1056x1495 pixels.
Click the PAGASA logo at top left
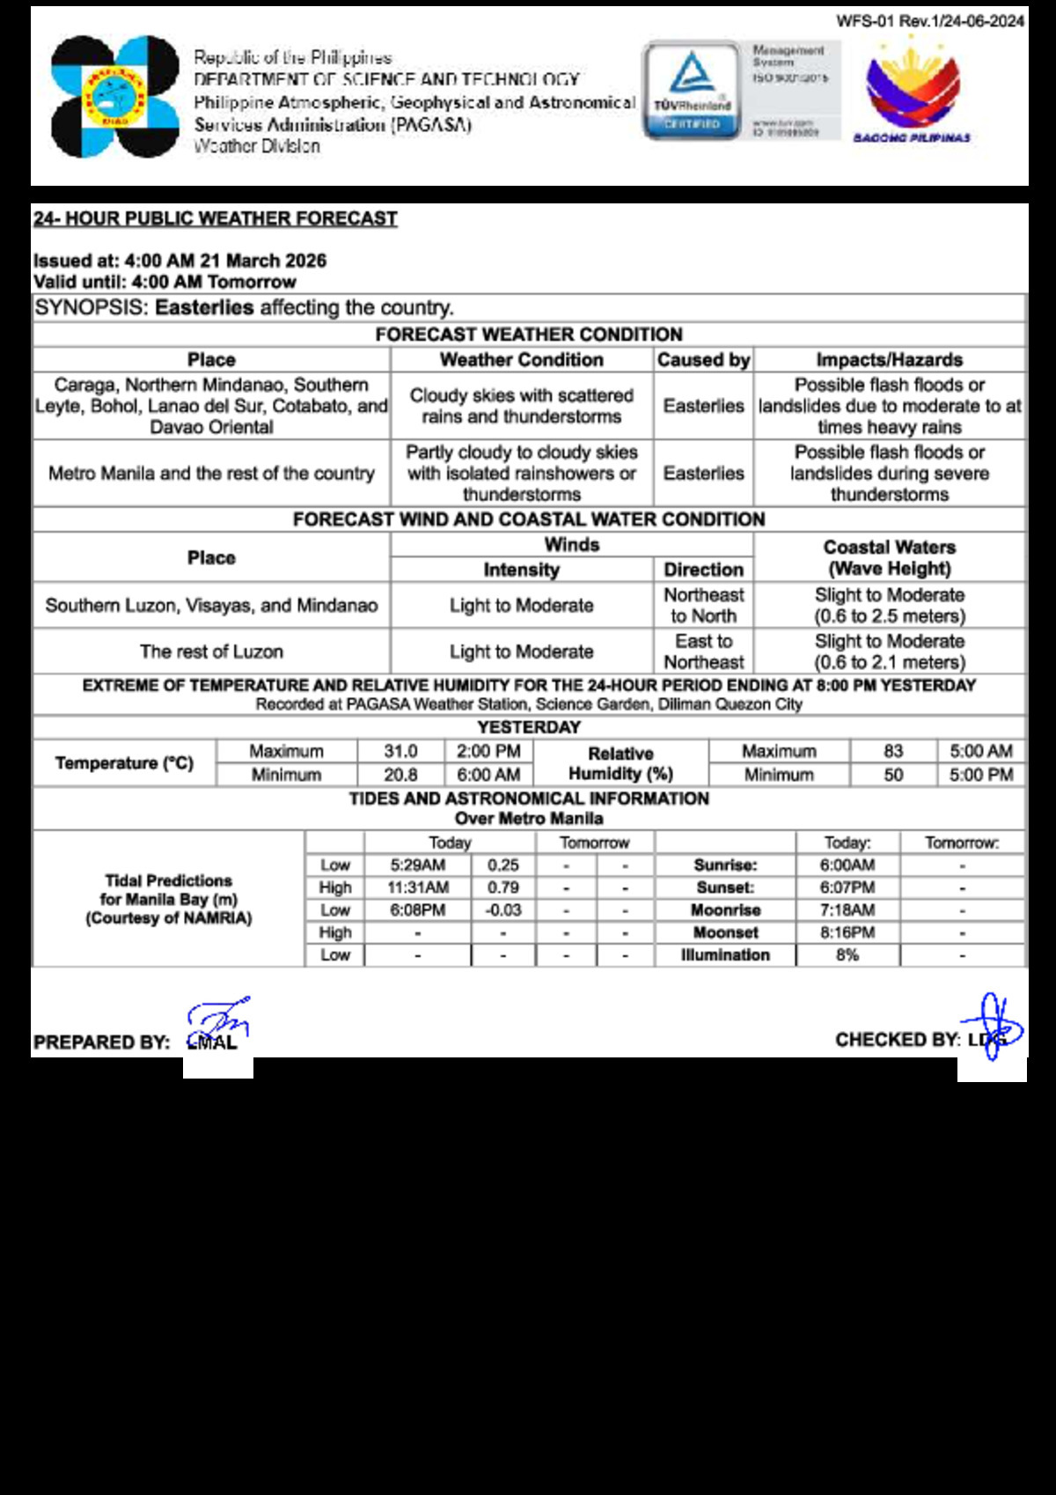114,97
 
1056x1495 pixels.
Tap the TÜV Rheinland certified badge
692,92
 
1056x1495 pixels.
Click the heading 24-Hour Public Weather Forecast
216,218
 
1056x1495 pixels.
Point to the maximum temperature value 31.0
400,751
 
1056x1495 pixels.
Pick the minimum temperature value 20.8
400,775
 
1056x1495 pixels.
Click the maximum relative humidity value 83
893,751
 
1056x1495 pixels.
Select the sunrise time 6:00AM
847,865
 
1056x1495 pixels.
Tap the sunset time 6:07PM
847,887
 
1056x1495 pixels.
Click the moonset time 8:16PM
847,932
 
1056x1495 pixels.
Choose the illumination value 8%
847,955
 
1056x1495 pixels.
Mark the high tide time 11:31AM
418,887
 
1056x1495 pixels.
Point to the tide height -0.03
503,910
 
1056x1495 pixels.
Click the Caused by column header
703,360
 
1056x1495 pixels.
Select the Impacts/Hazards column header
889,360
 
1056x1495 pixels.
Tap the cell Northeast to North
703,606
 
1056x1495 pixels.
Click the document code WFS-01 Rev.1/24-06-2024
929,21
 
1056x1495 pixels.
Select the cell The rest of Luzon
211,652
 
